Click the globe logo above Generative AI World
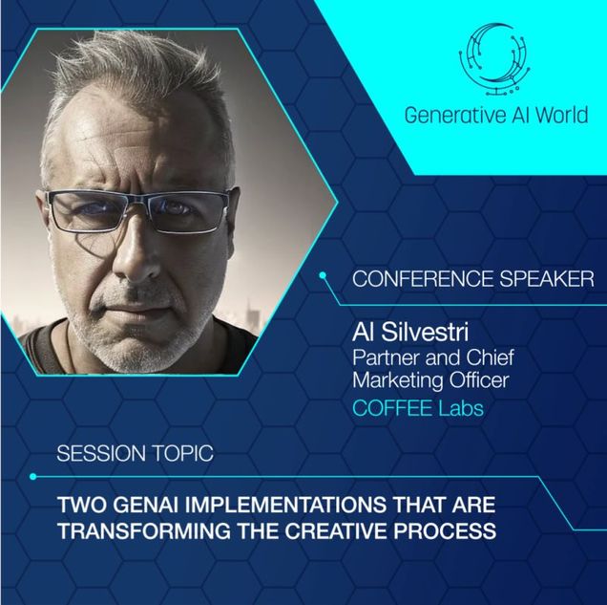[x=495, y=60]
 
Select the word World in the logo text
[x=562, y=115]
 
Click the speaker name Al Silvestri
[x=410, y=333]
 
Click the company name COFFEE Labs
[x=418, y=408]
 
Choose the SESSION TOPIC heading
[x=136, y=453]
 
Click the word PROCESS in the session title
[x=445, y=530]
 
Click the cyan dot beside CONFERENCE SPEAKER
[x=323, y=275]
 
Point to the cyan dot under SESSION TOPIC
[x=32, y=476]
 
